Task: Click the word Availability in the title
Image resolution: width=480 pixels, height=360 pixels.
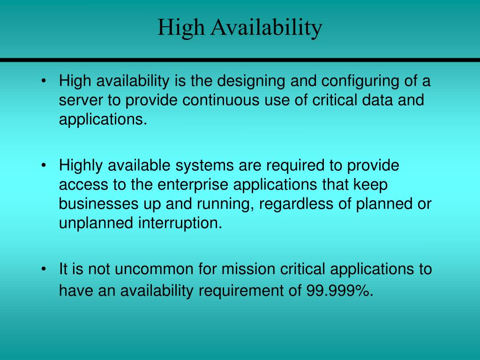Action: pos(266,28)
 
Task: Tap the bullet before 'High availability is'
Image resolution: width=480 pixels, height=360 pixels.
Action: pos(44,82)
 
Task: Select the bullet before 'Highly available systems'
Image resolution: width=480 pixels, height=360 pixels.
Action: pos(44,165)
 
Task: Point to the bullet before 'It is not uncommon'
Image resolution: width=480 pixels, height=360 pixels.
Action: pos(44,270)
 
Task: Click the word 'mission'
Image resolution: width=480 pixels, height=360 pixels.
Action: pos(249,270)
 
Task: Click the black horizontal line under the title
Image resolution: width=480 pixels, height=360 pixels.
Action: pos(240,60)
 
